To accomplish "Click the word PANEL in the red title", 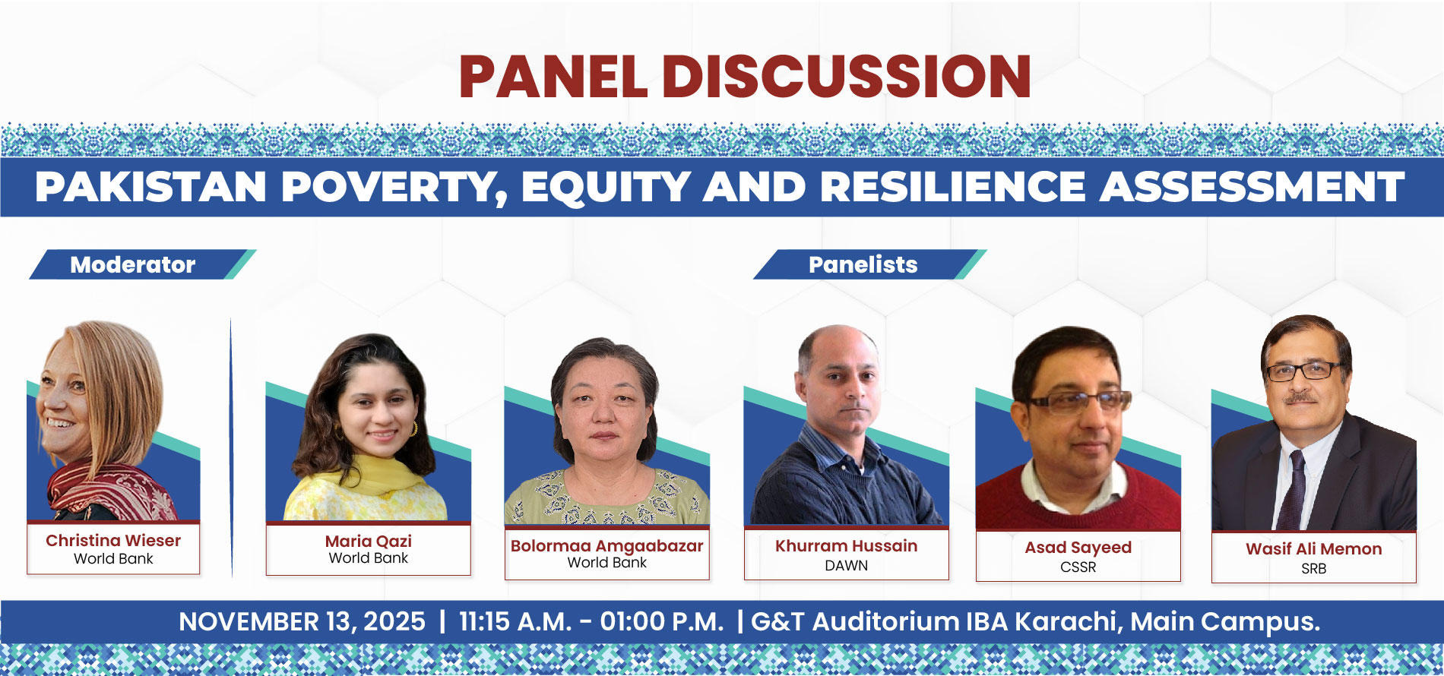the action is [553, 77].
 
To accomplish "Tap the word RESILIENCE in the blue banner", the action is [953, 187].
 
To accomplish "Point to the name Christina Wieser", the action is [113, 541].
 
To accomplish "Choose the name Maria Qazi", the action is [369, 542].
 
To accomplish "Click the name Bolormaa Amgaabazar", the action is [606, 546].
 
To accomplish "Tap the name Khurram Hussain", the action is [846, 546].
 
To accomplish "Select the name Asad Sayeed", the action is [1078, 548].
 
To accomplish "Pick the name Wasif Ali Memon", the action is [1313, 549].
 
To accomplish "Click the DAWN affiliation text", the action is [846, 566].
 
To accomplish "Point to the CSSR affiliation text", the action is [1078, 567].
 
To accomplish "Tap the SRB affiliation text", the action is [1313, 569].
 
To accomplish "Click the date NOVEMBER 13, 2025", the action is [302, 622].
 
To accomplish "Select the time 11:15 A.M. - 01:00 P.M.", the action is [591, 622].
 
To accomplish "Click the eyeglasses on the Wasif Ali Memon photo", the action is [1303, 371].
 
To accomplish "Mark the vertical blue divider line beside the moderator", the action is [231, 447].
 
